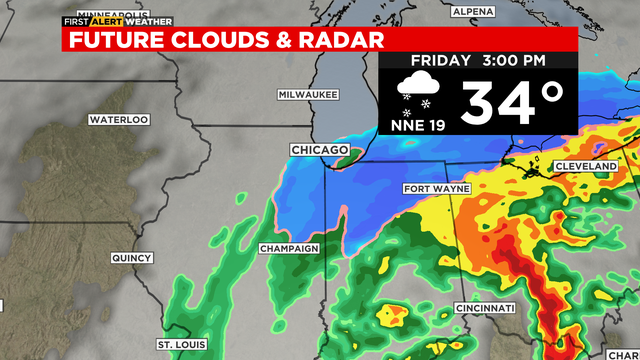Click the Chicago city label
[x=319, y=150]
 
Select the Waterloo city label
[x=118, y=119]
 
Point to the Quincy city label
[x=130, y=257]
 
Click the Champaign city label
[x=288, y=248]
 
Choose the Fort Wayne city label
[x=436, y=189]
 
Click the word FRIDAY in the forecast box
[x=438, y=61]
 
